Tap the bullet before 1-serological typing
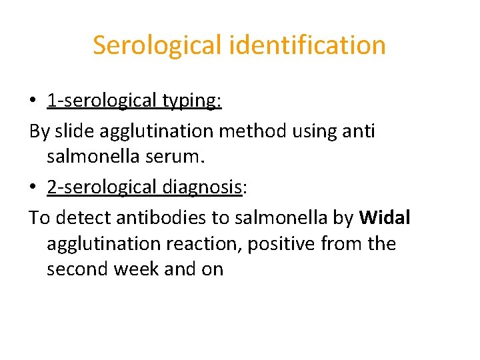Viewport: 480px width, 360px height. tap(33, 101)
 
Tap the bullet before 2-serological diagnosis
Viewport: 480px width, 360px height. tap(33, 188)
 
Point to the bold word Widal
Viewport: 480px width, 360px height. tap(385, 217)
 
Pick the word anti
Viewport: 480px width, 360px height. tap(359, 131)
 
